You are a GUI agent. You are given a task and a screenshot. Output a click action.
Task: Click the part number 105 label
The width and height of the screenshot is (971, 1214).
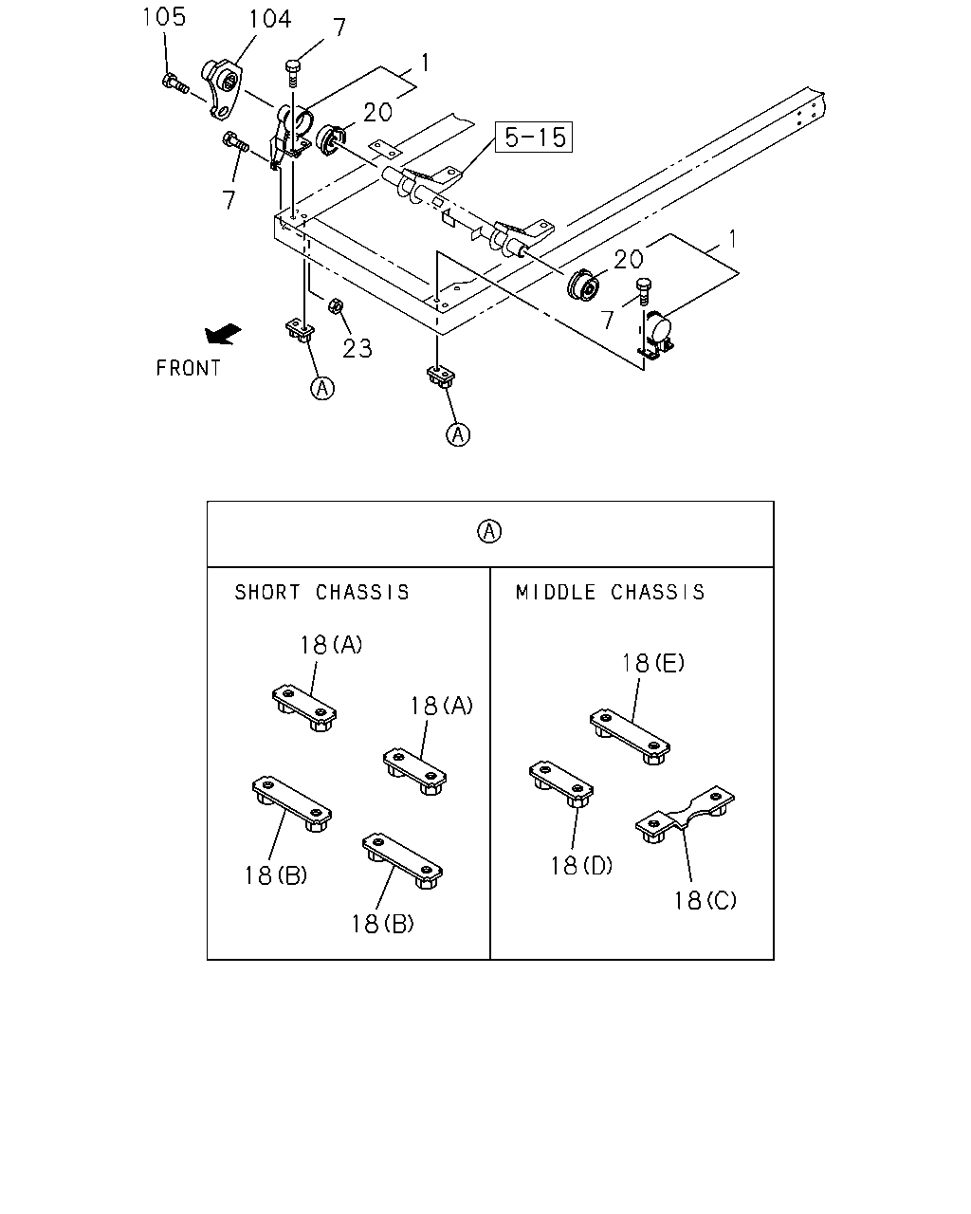(x=164, y=17)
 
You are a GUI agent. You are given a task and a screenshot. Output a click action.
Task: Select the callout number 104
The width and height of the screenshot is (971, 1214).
(x=270, y=19)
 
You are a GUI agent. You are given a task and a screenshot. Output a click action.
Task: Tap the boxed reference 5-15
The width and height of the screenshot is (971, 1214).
(x=534, y=138)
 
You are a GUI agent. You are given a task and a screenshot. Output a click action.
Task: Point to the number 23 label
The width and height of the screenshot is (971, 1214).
(x=357, y=348)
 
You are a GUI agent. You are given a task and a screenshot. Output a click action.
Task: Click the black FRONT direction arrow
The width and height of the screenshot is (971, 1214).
(x=223, y=334)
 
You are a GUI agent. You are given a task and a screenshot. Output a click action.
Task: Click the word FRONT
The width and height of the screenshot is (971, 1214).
(x=189, y=368)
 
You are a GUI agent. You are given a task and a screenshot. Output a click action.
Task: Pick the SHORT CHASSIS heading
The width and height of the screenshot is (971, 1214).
(x=321, y=593)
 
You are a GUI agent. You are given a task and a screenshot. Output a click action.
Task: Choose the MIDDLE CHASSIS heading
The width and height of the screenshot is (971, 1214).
(x=610, y=593)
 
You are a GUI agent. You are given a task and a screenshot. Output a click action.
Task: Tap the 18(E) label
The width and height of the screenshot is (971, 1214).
(x=652, y=663)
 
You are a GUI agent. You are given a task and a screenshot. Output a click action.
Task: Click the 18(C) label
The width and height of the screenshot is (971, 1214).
(x=705, y=900)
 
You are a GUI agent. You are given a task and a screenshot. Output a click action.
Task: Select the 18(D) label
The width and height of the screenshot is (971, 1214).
(x=581, y=865)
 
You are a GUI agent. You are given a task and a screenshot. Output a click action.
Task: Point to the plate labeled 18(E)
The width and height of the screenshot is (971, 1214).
(x=631, y=736)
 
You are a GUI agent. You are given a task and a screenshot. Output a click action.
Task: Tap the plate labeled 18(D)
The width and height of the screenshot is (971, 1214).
(x=560, y=784)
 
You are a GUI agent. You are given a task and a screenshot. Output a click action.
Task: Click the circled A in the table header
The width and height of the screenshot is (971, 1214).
(x=489, y=531)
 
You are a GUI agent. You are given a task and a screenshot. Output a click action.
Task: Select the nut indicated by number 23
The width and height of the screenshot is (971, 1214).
(x=335, y=305)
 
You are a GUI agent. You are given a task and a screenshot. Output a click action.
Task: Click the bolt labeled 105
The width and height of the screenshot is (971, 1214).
(x=174, y=83)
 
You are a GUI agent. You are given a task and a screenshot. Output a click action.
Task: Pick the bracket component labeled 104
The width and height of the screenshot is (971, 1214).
(x=222, y=88)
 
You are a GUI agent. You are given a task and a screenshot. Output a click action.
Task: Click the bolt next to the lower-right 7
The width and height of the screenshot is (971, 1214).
(x=643, y=291)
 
